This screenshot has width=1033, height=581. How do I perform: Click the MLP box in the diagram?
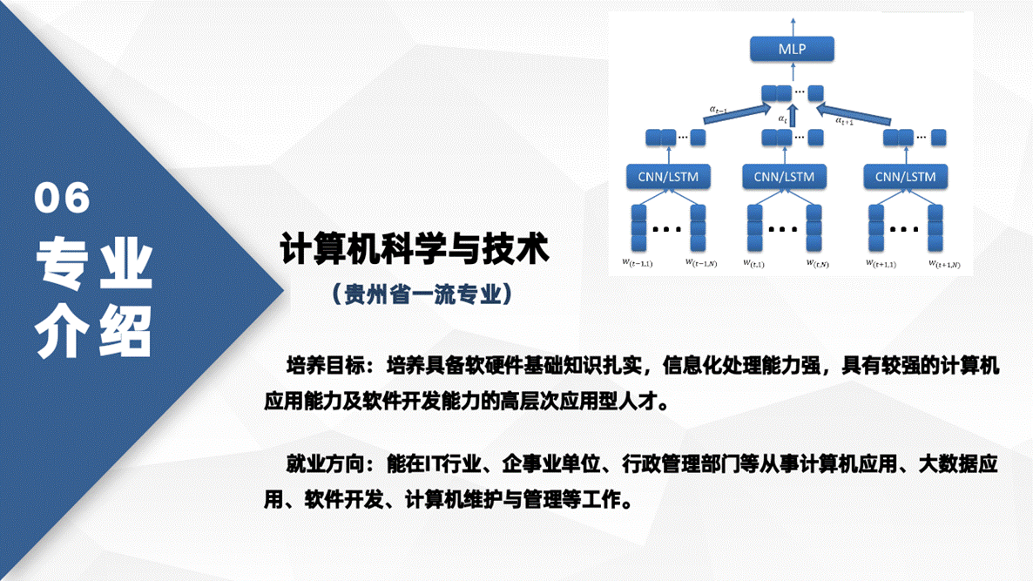click(x=792, y=49)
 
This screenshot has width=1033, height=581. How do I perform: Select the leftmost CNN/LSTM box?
click(x=668, y=177)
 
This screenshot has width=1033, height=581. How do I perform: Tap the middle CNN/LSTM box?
click(x=784, y=177)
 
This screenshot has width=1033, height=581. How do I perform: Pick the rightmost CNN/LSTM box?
click(x=905, y=177)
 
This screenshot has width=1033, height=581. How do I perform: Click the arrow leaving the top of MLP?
click(x=792, y=25)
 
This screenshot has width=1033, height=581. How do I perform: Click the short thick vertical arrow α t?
click(x=793, y=115)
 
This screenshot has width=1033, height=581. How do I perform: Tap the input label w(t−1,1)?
click(x=637, y=262)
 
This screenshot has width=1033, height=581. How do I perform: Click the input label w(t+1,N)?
click(x=944, y=262)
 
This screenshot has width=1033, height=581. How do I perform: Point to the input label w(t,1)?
click(x=754, y=262)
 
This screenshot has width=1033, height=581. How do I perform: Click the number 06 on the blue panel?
click(x=63, y=199)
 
